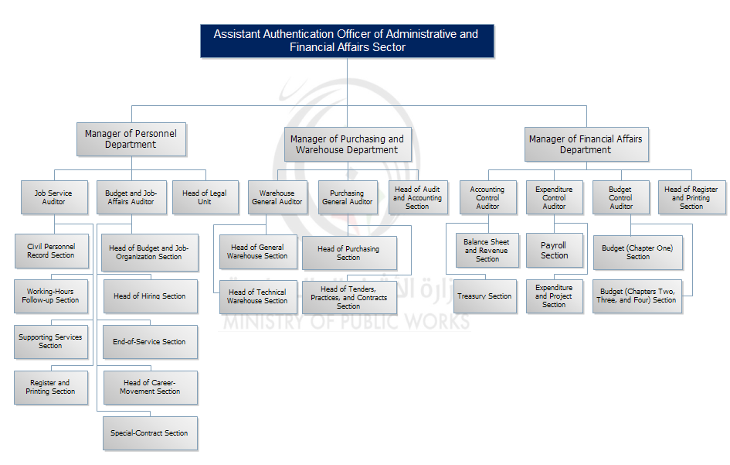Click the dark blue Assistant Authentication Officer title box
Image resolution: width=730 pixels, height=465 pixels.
[346, 41]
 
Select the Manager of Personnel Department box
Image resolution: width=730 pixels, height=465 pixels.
[131, 139]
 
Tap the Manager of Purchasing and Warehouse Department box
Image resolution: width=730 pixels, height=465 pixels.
[347, 145]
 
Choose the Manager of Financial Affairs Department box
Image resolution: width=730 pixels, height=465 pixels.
[585, 145]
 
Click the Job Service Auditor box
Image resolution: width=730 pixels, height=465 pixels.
[53, 197]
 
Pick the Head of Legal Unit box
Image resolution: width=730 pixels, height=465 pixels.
[204, 197]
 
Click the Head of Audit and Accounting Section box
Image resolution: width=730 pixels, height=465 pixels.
[417, 197]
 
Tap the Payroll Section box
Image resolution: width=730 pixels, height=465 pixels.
[554, 251]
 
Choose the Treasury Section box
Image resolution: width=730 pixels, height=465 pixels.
[484, 296]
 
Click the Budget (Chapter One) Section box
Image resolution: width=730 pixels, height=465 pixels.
[637, 252]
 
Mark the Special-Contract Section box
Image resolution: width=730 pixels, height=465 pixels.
[150, 433]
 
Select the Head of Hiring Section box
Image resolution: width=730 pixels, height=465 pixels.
[150, 296]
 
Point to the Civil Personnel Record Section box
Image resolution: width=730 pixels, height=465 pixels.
[51, 251]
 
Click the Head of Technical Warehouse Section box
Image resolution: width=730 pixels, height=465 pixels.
[257, 296]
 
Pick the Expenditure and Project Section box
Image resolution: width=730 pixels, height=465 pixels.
[554, 296]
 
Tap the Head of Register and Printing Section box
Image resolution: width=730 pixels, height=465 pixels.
[691, 197]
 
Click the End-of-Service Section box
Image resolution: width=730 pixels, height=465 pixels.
[150, 342]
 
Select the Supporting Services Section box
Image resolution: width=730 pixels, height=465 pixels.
[51, 342]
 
